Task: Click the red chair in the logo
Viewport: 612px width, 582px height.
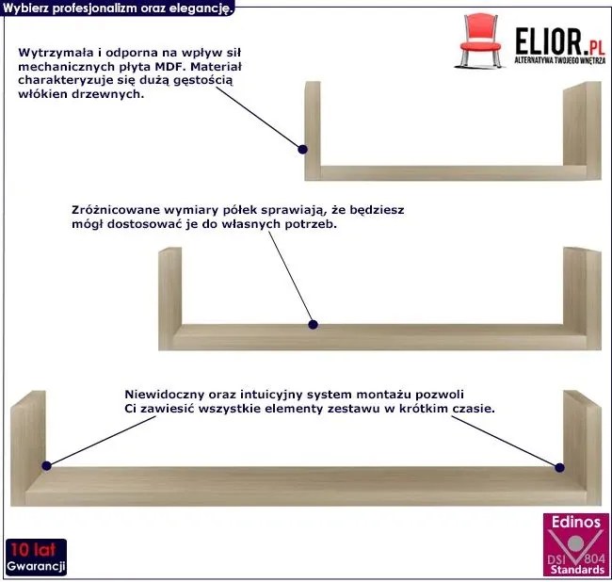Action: pos(480,40)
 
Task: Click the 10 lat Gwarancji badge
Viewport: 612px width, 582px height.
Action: pos(36,558)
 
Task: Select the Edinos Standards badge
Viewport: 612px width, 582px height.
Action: pos(575,545)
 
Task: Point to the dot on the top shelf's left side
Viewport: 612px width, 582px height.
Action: pos(302,149)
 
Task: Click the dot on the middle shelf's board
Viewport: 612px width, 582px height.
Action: pos(313,324)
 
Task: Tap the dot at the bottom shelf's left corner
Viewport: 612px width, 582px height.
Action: pos(46,465)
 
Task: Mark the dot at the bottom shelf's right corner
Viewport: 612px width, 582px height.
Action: pos(559,467)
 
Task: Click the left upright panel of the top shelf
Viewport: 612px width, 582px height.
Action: pos(313,130)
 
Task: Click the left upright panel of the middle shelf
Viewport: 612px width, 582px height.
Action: pos(169,299)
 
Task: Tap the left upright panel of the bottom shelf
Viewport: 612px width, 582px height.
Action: pos(27,448)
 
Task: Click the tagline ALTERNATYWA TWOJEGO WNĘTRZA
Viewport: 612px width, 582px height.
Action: pos(560,60)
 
